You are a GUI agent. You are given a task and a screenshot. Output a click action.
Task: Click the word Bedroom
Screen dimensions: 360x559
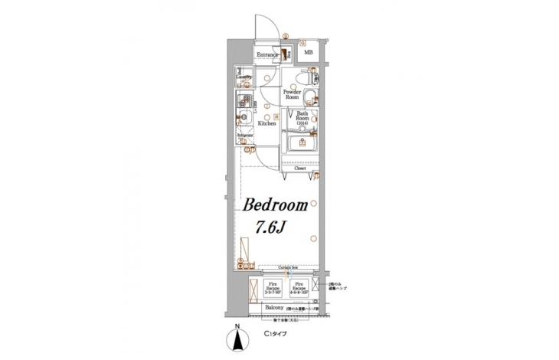(x=276, y=205)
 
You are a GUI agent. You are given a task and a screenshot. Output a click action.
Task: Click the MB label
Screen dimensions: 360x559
(x=309, y=53)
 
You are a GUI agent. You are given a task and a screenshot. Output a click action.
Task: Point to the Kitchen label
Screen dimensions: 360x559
(x=266, y=123)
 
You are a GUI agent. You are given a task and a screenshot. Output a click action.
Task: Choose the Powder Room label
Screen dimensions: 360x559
(x=292, y=95)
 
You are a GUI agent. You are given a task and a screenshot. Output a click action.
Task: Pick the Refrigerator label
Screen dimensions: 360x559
(x=245, y=135)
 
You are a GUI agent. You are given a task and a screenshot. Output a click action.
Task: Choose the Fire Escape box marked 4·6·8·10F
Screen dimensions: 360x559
(x=300, y=288)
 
